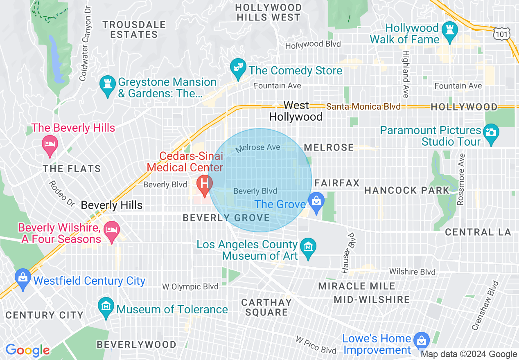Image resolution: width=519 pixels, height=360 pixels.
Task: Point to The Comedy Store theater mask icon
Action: (x=237, y=68)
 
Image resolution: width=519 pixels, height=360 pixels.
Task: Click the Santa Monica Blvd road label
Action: (x=363, y=107)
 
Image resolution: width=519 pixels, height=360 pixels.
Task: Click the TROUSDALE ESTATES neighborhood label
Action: (x=134, y=29)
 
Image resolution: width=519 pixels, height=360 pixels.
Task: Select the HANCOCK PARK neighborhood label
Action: (x=407, y=190)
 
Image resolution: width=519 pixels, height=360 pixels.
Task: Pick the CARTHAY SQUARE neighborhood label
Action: (x=266, y=307)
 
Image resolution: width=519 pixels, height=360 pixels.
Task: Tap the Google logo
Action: (x=27, y=351)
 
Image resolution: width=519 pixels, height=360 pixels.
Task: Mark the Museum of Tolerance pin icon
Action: (x=106, y=307)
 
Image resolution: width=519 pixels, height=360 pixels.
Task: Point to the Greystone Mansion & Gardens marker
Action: (x=107, y=85)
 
